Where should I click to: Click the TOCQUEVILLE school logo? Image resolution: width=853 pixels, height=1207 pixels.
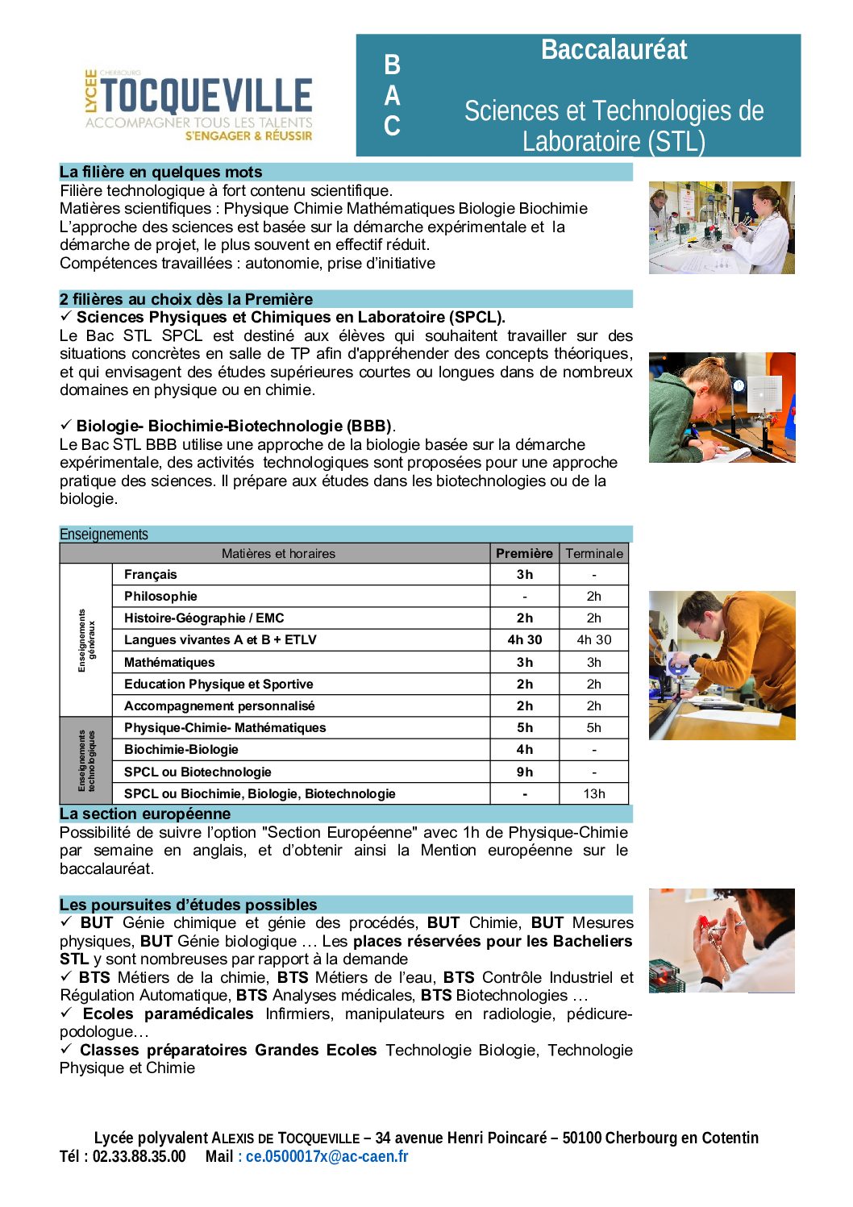click(198, 105)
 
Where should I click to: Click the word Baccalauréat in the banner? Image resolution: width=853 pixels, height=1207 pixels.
click(614, 50)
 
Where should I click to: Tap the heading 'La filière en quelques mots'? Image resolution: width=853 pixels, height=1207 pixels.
click(161, 172)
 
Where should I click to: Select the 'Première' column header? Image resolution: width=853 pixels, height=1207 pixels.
click(524, 553)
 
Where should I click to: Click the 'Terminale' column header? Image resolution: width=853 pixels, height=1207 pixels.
click(594, 553)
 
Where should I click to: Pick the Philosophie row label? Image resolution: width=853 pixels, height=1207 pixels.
click(160, 596)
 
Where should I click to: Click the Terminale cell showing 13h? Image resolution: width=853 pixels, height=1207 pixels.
click(594, 793)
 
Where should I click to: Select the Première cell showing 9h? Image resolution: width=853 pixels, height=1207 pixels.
click(524, 772)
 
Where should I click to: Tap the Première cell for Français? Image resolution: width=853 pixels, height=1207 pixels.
click(524, 574)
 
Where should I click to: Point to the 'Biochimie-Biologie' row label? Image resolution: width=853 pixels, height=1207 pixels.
click(181, 749)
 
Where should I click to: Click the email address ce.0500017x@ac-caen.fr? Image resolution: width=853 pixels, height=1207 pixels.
click(327, 1156)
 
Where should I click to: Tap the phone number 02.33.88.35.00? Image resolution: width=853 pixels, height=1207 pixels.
click(139, 1156)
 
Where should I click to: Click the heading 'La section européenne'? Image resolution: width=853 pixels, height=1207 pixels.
click(145, 814)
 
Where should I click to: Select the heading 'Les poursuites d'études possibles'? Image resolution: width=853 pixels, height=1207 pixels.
click(189, 905)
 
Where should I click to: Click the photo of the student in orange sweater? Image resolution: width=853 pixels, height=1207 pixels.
click(722, 665)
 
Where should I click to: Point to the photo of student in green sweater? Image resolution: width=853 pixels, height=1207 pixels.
click(722, 407)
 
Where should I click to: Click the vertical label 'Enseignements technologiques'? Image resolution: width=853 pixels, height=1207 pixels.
click(86, 760)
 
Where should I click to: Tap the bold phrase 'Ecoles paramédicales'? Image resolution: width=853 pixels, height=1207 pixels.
click(168, 1013)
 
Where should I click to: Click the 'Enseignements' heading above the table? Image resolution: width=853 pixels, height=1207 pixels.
click(104, 534)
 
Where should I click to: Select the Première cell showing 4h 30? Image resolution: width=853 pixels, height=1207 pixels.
click(524, 639)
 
